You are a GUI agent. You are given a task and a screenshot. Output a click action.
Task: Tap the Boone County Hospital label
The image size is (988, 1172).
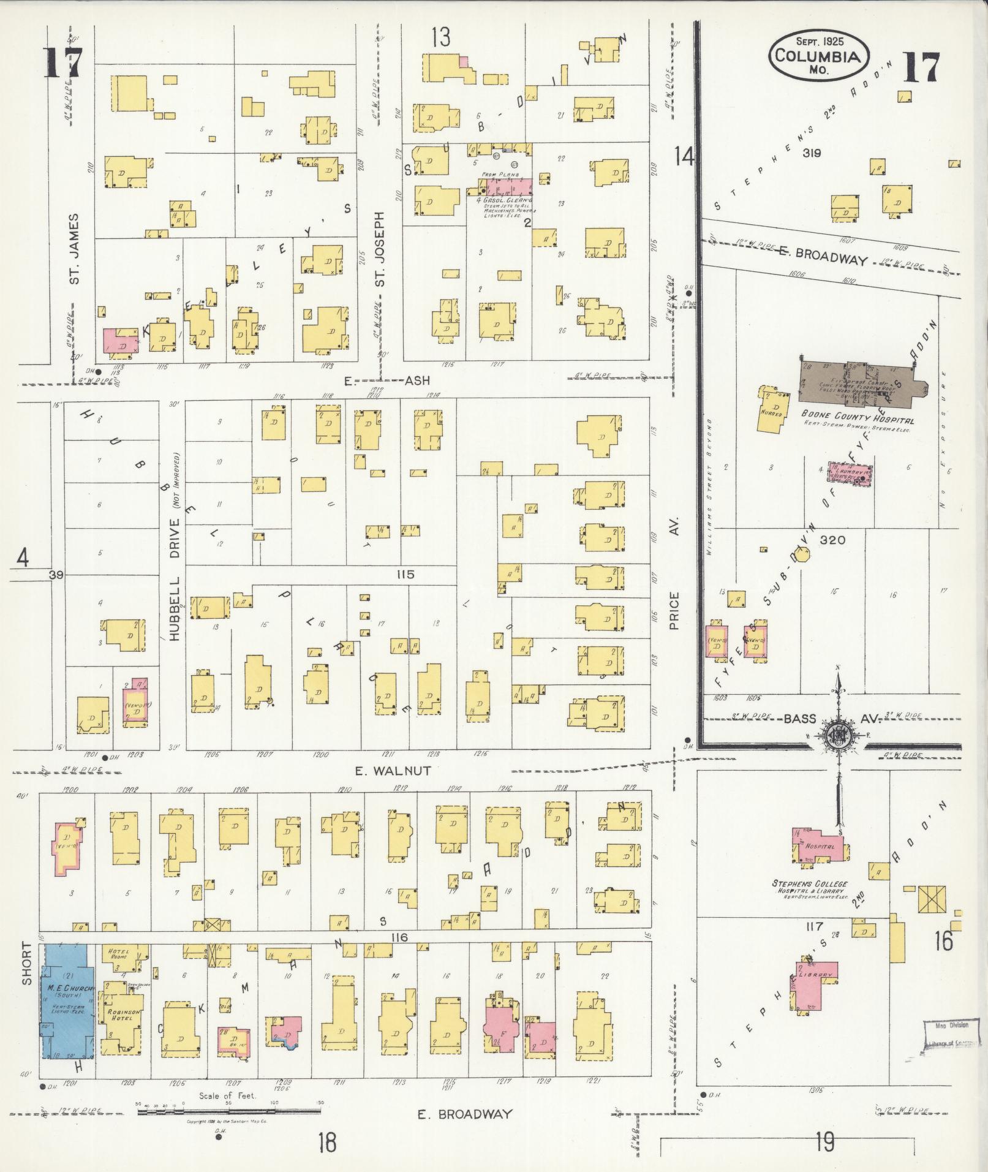point(858,421)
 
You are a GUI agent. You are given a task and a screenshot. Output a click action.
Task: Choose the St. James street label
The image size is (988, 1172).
point(75,249)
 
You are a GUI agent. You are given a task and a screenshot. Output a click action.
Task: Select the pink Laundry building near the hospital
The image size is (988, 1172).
point(850,474)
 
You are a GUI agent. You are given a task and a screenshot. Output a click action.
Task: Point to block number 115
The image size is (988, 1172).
point(405,575)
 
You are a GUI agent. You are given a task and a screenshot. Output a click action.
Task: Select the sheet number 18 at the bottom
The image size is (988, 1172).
point(328,1143)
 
